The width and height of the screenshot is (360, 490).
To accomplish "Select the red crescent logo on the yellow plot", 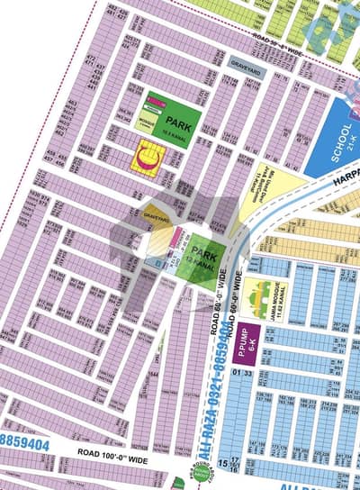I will point(145,160).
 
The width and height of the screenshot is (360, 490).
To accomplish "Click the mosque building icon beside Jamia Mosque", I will point(261,294).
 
